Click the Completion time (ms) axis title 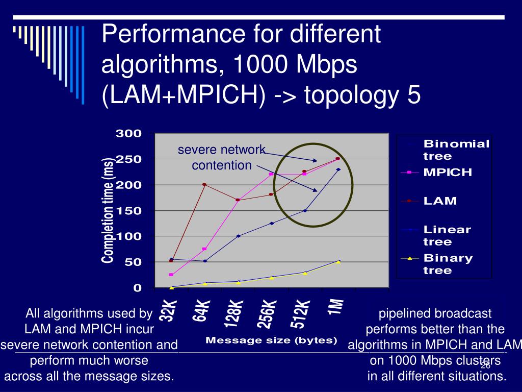108,210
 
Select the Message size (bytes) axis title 271,340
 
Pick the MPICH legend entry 448,172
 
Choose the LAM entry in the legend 440,201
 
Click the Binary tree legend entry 448,264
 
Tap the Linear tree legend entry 447,235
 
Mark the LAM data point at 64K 204,184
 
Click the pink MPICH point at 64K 204,249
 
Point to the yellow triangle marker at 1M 338,261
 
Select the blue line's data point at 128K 238,236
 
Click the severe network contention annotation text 222,157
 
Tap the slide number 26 485,365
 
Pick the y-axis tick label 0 137,288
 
